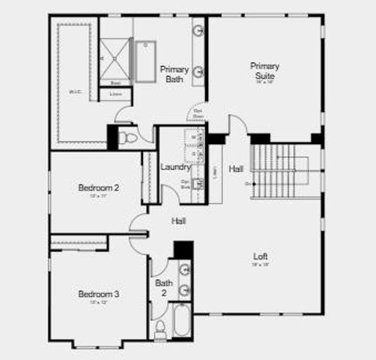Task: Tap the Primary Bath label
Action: (x=174, y=73)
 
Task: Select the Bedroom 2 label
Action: (x=99, y=187)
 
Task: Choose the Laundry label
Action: (x=175, y=166)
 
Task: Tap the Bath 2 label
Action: (x=164, y=287)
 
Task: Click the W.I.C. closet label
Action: (x=74, y=92)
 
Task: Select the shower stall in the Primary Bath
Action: (x=116, y=57)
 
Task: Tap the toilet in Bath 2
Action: (x=160, y=327)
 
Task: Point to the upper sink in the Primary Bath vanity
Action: (x=199, y=32)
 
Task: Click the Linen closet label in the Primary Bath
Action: (x=115, y=94)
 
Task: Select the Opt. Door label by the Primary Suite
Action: (x=198, y=115)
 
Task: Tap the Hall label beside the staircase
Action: (x=237, y=168)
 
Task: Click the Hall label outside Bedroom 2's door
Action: (x=179, y=221)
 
